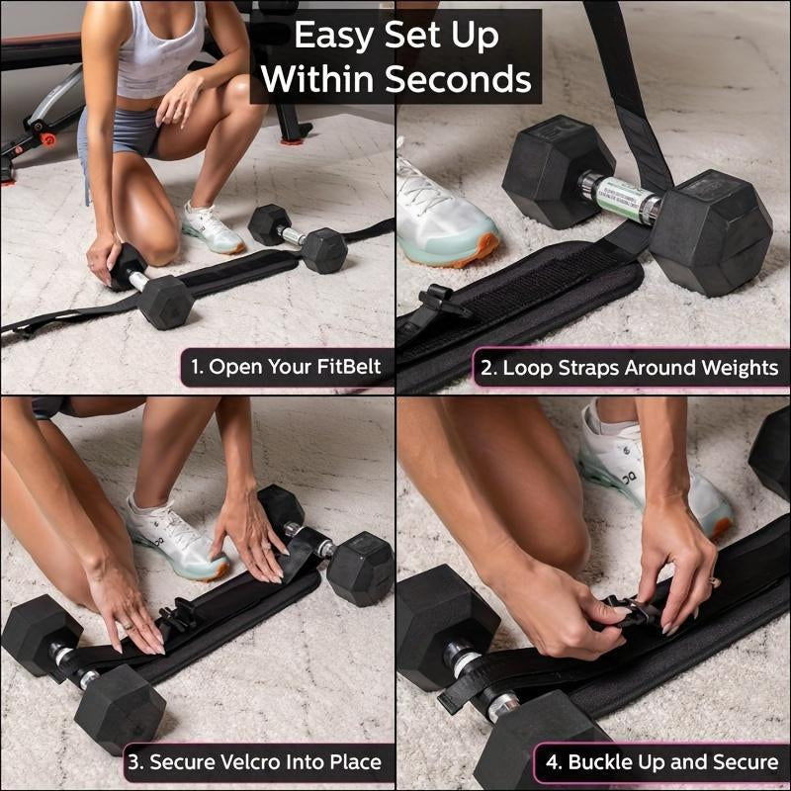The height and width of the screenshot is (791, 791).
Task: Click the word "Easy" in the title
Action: [335, 36]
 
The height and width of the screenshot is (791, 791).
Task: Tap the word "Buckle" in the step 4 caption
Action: [601, 763]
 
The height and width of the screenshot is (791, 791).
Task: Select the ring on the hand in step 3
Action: [127, 626]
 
